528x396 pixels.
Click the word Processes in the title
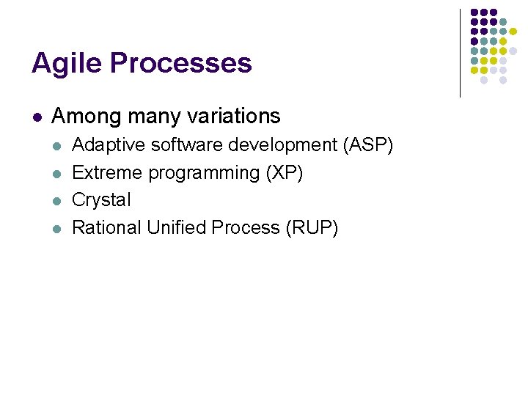click(182, 64)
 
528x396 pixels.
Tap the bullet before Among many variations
click(37, 117)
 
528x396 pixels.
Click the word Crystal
click(101, 200)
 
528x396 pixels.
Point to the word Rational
click(106, 228)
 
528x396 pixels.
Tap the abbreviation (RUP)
click(312, 228)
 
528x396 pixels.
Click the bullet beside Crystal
click(56, 201)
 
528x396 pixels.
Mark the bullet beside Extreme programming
click(56, 174)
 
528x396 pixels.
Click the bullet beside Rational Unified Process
click(56, 229)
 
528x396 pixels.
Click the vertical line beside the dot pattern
click(460, 53)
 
